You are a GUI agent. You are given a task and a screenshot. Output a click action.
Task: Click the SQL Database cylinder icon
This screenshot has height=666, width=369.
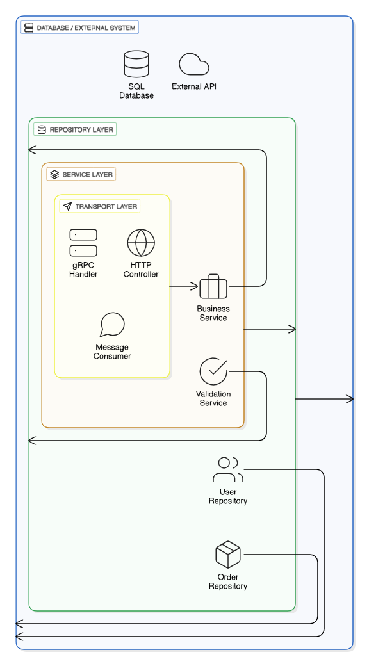(x=136, y=65)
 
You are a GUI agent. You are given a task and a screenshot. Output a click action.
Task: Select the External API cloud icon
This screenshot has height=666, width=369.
(x=194, y=65)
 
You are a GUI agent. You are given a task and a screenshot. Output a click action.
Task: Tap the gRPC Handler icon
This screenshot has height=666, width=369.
(x=83, y=243)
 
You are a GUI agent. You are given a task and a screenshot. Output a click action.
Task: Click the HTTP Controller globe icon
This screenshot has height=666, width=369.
(x=141, y=243)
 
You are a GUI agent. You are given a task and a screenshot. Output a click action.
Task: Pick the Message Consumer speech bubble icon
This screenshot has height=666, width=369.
(x=112, y=325)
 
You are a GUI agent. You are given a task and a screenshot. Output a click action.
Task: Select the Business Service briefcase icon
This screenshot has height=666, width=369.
(x=213, y=287)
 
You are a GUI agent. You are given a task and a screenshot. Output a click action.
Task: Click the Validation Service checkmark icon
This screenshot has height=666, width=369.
(x=213, y=371)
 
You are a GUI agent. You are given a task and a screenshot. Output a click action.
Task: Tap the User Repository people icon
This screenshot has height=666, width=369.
(x=227, y=469)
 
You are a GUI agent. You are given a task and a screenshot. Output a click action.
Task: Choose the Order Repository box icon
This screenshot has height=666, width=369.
(x=227, y=555)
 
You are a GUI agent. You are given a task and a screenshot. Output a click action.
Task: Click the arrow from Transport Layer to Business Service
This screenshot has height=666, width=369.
(x=184, y=287)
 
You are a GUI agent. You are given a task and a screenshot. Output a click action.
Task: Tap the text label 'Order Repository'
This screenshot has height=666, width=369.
(x=227, y=581)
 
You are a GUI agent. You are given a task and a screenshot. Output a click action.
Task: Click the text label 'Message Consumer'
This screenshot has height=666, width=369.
(x=112, y=352)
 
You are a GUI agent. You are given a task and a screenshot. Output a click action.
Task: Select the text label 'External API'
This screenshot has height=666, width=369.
(x=194, y=86)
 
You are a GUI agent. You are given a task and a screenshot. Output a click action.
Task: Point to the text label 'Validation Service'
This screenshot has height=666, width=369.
(x=213, y=398)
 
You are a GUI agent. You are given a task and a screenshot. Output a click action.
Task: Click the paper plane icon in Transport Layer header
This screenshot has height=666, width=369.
(x=67, y=207)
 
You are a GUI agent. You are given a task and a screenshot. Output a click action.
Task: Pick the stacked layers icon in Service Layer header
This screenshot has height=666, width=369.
(x=54, y=174)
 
